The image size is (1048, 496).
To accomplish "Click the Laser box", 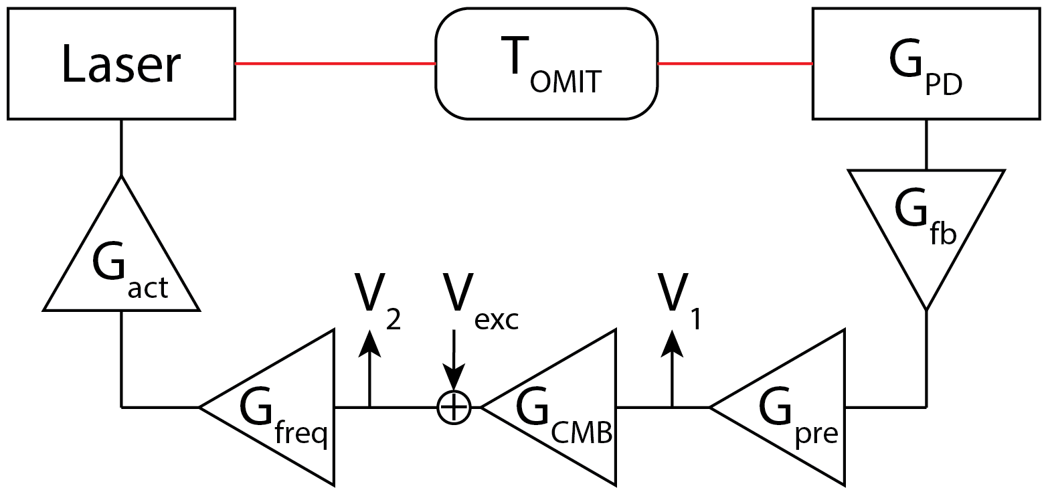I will [121, 64].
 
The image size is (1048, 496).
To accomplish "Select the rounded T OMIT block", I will [546, 64].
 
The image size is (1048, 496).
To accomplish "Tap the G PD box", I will [926, 64].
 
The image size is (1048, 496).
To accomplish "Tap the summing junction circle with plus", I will [454, 406].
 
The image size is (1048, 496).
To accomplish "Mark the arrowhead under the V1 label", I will [672, 343].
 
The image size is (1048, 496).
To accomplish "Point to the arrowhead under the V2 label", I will [369, 343].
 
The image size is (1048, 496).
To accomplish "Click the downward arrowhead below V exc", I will [454, 379].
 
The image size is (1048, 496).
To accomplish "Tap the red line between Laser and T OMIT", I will [335, 64].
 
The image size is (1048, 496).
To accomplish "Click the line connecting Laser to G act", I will [121, 147].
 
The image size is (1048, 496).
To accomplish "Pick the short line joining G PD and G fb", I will [926, 145].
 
